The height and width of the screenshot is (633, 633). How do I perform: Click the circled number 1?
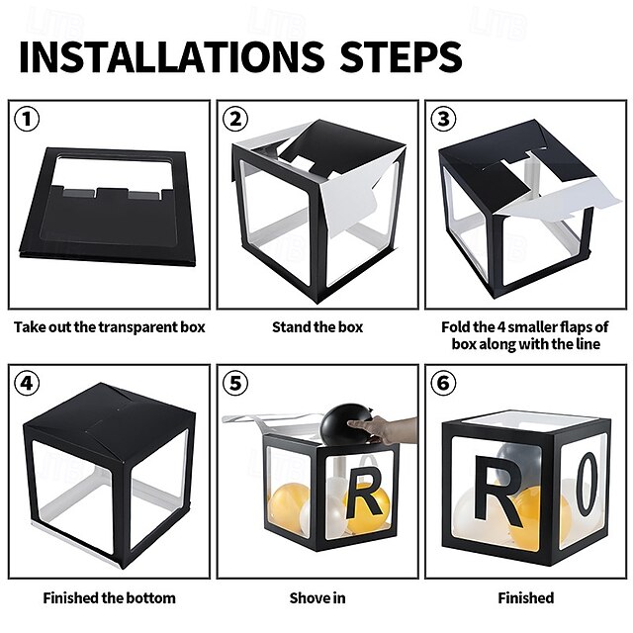tap(27, 119)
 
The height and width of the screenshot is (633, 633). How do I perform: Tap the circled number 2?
tap(235, 119)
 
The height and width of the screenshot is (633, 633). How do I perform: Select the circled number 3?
tap(444, 119)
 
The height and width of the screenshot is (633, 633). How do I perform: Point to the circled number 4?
tap(27, 383)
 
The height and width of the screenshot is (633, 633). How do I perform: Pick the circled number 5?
tap(235, 383)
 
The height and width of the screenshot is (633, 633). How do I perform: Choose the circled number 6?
tap(444, 383)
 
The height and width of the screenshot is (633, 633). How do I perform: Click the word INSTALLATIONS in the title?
tap(171, 56)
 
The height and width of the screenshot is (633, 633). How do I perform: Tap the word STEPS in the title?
tap(401, 56)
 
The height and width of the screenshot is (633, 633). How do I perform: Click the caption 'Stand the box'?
tap(317, 327)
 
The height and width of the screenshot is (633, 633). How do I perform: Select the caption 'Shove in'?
tap(317, 597)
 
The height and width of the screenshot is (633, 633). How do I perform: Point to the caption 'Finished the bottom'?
tap(110, 597)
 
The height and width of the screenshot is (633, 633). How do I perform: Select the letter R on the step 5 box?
tap(364, 493)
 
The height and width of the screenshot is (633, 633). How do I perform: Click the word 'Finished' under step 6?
tap(525, 597)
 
